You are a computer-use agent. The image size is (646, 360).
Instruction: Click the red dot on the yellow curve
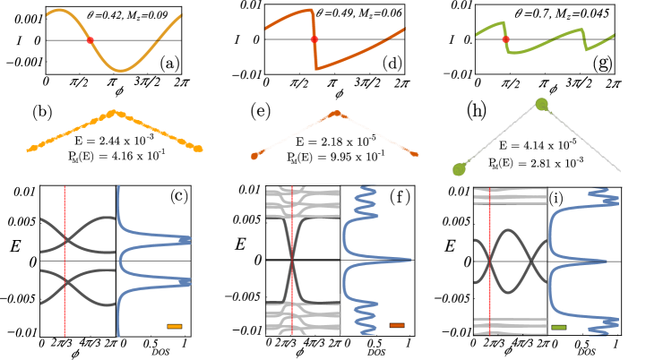click(x=90, y=40)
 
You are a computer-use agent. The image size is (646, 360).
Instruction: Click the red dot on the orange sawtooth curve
click(x=314, y=39)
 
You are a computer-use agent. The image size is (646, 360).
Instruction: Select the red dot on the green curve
click(x=506, y=39)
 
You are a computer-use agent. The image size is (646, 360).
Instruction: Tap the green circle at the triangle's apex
click(x=541, y=104)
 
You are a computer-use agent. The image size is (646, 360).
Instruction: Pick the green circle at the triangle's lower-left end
click(x=460, y=169)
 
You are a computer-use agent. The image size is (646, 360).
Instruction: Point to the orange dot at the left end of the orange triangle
click(x=254, y=156)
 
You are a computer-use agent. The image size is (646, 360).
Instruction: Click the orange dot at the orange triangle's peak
click(x=336, y=113)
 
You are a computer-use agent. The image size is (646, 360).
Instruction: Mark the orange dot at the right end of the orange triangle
click(x=415, y=155)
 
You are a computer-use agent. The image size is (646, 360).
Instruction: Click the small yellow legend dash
click(x=175, y=326)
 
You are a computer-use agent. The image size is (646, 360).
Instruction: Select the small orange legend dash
click(x=397, y=325)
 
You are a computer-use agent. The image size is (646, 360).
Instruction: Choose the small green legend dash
click(x=559, y=327)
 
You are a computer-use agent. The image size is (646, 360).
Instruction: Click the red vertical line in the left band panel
click(x=65, y=269)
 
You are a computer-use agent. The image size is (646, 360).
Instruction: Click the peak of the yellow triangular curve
click(x=113, y=112)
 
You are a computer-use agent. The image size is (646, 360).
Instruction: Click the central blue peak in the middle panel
click(x=408, y=260)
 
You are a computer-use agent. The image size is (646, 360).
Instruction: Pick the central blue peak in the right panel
click(x=605, y=261)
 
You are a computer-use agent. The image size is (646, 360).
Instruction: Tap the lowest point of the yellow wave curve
click(x=121, y=70)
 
